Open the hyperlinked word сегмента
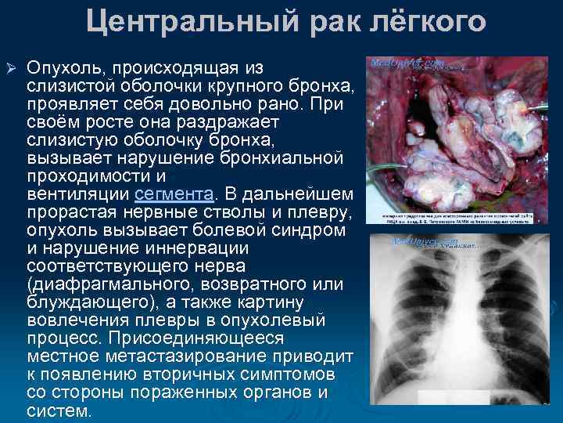point(175,193)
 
